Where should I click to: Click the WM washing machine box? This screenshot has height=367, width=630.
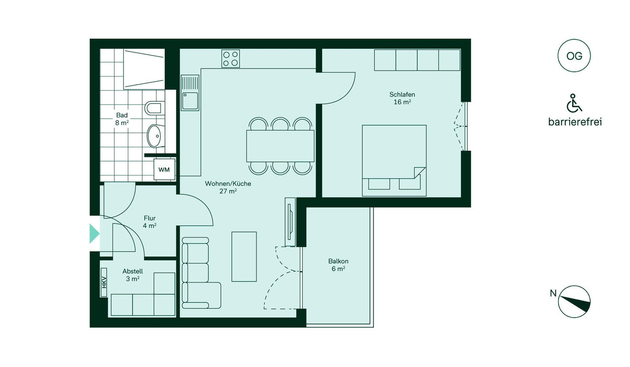[x=164, y=169]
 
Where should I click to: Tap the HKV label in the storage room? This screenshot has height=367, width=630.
[x=104, y=282]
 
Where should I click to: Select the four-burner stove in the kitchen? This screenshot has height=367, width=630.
[x=230, y=58]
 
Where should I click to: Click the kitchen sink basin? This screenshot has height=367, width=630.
[x=190, y=101]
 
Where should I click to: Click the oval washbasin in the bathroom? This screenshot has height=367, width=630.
[x=156, y=136]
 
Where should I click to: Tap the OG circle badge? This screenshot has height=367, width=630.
[x=574, y=56]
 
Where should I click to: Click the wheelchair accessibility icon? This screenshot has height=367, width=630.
[x=574, y=103]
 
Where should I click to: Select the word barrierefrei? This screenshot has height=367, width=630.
[x=575, y=122]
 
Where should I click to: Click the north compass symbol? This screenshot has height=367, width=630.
[x=574, y=301]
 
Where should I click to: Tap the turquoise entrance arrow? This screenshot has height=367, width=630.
[x=94, y=233]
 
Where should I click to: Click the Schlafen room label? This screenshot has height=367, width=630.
[x=402, y=98]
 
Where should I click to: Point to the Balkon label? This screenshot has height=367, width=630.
[x=338, y=265]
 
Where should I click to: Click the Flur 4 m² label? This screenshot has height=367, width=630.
[x=150, y=222]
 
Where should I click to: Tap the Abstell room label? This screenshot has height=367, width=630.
[x=132, y=275]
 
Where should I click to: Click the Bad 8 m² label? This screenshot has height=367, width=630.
[x=122, y=119]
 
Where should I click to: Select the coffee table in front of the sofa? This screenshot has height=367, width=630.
[x=244, y=256]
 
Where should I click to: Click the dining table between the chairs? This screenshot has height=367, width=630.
[x=280, y=146]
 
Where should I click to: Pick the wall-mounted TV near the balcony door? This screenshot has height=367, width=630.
[x=290, y=222]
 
